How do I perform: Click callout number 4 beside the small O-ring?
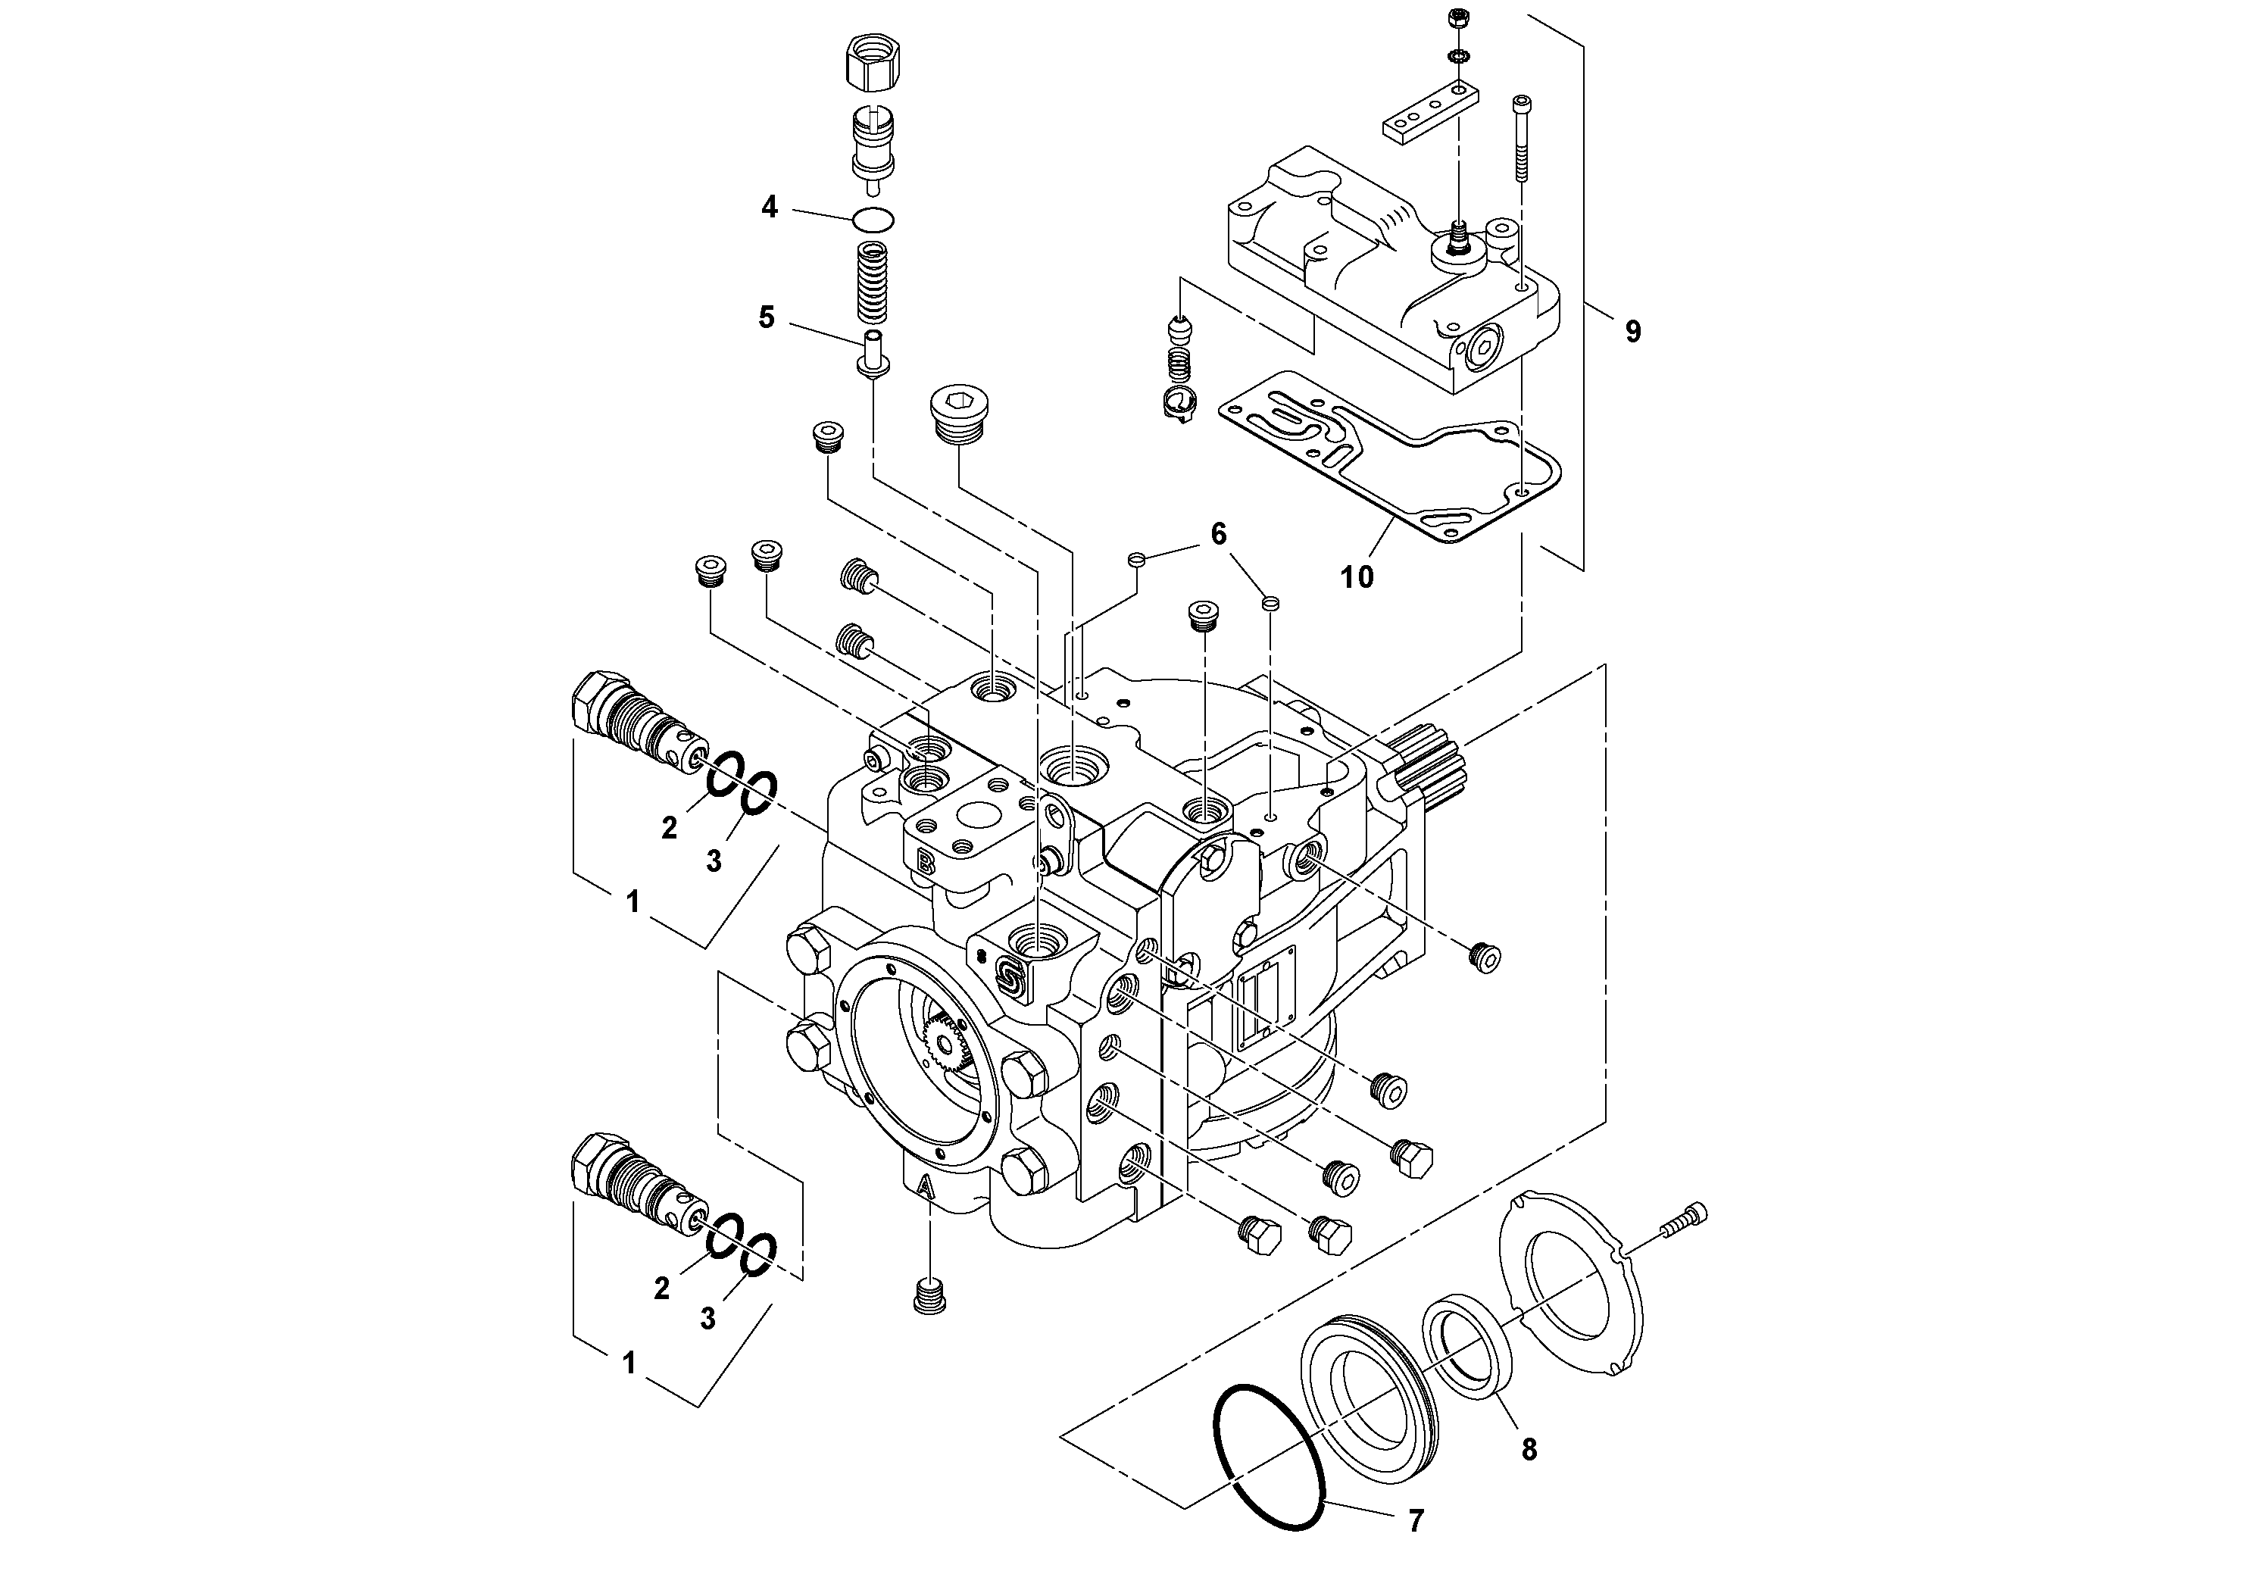769,208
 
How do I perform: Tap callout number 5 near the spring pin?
766,317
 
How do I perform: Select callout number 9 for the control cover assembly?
1632,332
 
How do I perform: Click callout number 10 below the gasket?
1357,577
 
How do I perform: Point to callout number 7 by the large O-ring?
1415,1520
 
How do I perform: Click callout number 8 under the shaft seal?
1529,1448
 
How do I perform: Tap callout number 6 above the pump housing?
1218,534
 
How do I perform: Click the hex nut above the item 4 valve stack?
873,66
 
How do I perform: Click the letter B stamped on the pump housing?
925,864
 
